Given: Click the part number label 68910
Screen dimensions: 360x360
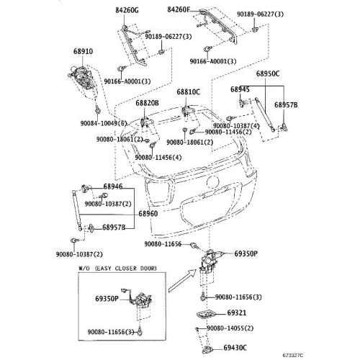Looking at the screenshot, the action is coord(83,51).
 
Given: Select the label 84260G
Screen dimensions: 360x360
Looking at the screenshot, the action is coord(127,10).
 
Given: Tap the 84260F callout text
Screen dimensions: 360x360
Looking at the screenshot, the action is coord(179,9).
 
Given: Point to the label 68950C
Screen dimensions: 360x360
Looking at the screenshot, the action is coord(268,73).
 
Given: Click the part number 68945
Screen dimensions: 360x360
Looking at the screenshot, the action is coord(240,89).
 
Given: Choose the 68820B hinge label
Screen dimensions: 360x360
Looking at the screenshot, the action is coord(147,103).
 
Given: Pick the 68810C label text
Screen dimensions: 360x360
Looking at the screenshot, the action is coord(188,92).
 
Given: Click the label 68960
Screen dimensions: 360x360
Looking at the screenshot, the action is coord(148,214).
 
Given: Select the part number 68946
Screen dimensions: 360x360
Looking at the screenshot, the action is coord(113,186).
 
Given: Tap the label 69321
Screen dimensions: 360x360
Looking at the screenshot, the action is coord(237,312).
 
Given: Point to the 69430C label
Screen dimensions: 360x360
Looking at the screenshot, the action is coord(235,348).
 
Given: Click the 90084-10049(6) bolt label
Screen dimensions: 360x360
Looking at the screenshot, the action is coord(104,123).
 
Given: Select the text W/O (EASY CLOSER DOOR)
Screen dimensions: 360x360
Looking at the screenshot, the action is coord(117,269).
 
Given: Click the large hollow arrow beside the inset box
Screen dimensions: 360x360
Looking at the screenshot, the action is coord(182,280).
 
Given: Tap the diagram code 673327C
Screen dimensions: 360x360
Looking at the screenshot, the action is coord(293,355).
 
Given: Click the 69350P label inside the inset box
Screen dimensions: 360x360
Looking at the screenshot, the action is coord(107,299).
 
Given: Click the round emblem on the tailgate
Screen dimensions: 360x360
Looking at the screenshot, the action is coord(212,181).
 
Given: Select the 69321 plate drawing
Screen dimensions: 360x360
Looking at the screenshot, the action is coord(206,315).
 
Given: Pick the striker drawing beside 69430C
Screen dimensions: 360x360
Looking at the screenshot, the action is coord(207,350).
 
